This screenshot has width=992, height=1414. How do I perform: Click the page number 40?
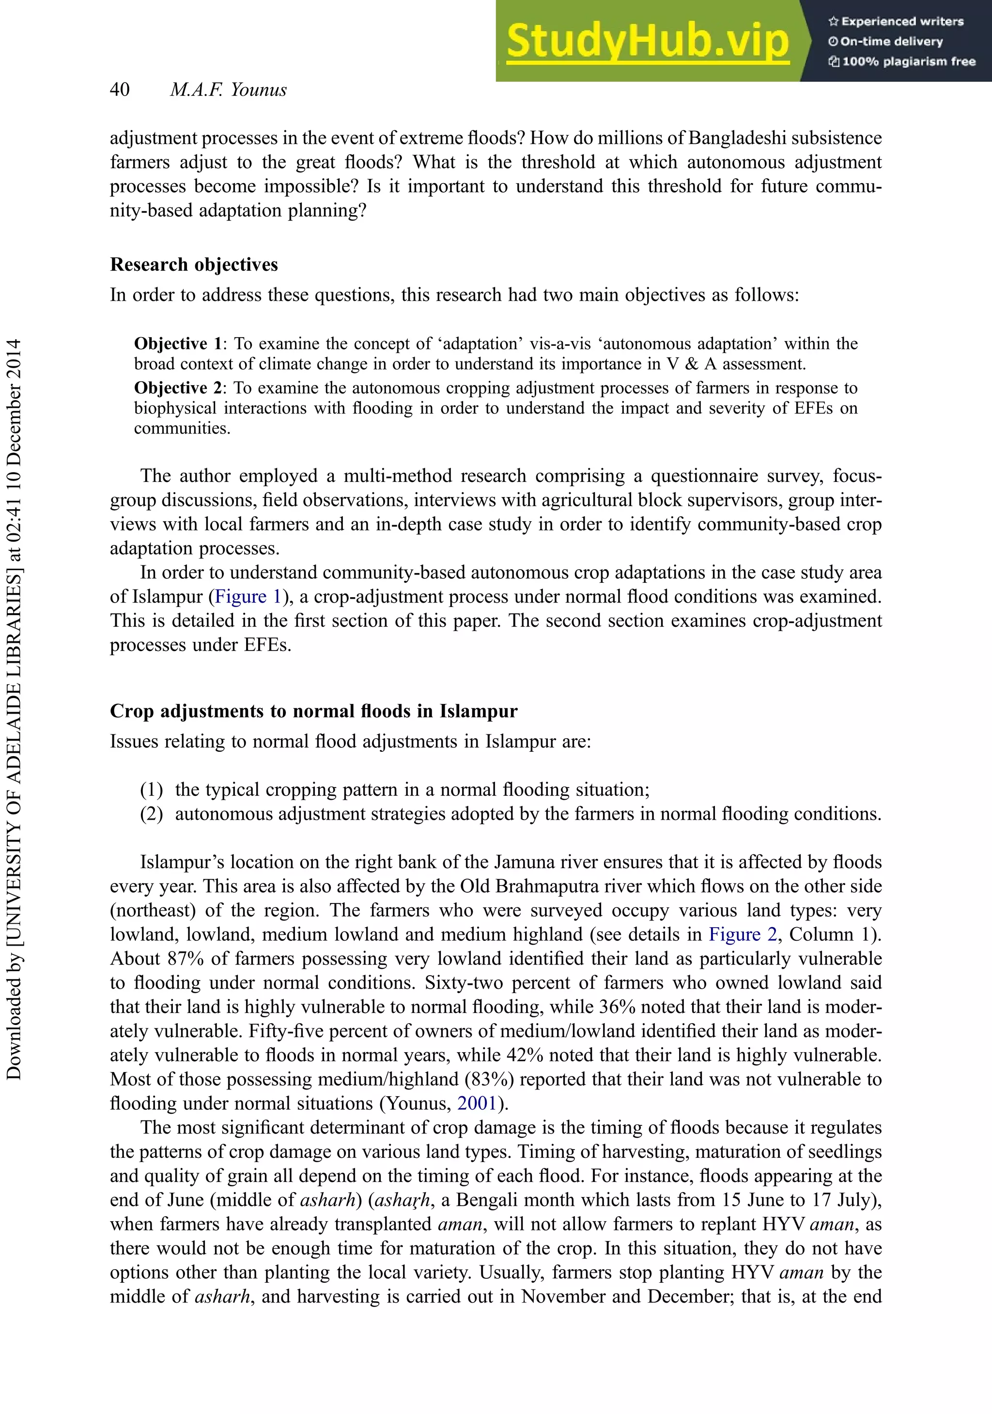pyautogui.click(x=120, y=90)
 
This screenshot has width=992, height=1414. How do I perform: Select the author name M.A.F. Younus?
pyautogui.click(x=229, y=90)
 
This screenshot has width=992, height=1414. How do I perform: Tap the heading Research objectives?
pyautogui.click(x=194, y=265)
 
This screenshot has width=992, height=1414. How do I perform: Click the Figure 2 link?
pyautogui.click(x=743, y=934)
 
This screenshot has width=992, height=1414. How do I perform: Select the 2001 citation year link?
pyautogui.click(x=477, y=1103)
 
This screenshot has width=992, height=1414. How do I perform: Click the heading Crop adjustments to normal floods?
pyautogui.click(x=313, y=711)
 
